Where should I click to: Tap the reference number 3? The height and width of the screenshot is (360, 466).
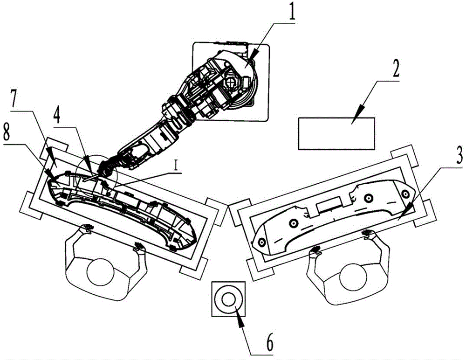pos(459,155)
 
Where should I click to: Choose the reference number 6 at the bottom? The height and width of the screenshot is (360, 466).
pos(269,343)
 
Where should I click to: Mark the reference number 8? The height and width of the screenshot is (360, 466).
pos(7,132)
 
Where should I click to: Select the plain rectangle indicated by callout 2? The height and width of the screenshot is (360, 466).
pos(336,133)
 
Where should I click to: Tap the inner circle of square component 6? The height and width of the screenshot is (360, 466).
pos(228,299)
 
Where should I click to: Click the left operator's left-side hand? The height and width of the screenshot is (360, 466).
pos(88,228)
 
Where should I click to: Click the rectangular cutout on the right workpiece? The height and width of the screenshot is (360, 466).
pos(329,207)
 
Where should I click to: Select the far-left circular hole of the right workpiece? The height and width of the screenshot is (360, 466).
pos(262,242)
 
